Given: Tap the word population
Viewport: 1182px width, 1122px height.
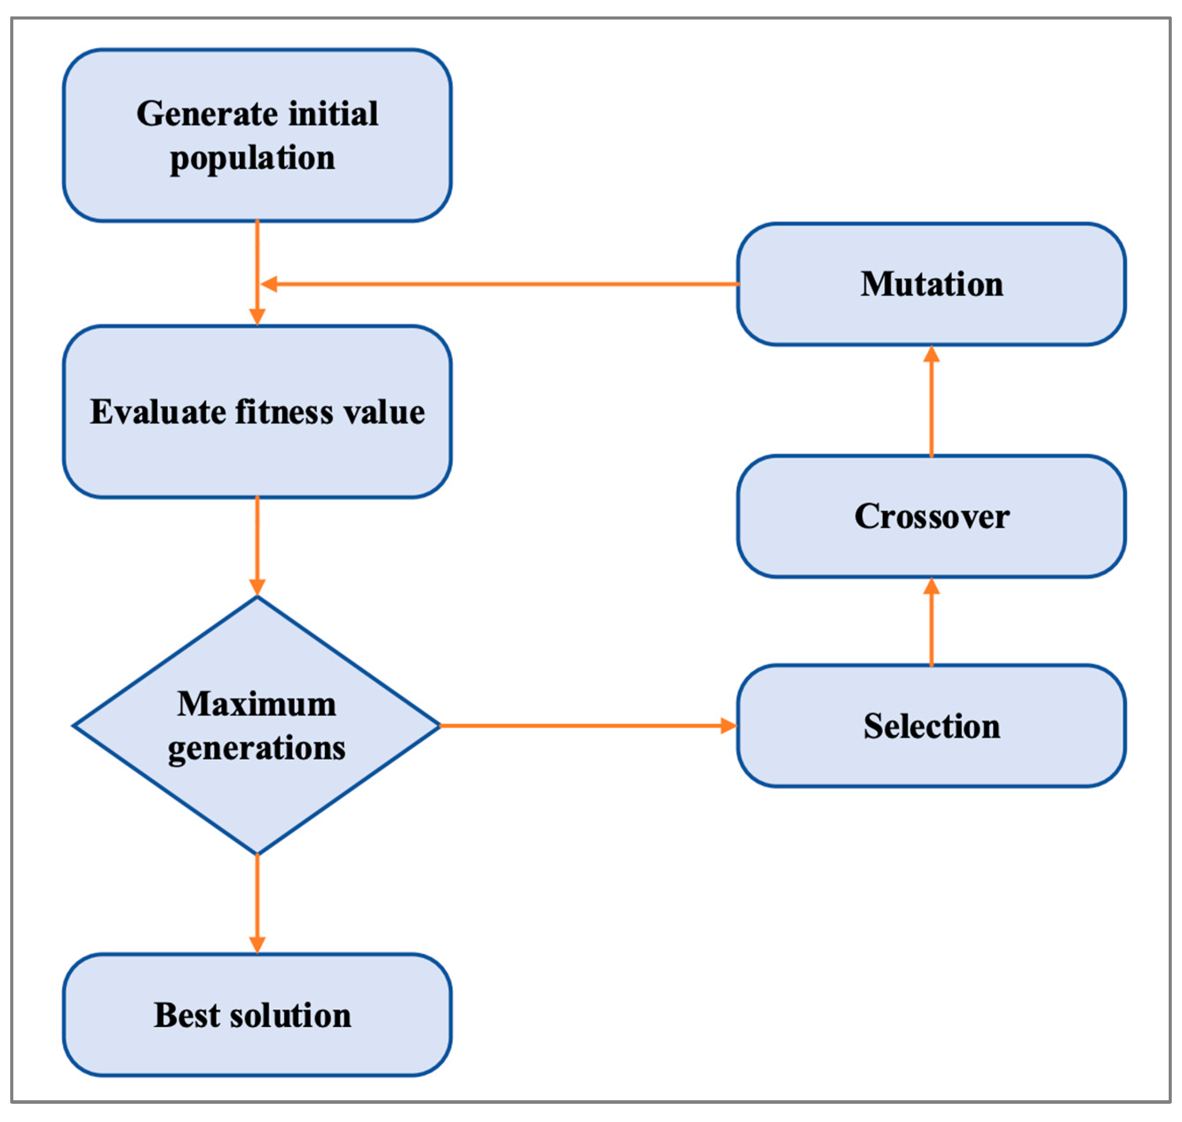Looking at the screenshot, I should tap(253, 158).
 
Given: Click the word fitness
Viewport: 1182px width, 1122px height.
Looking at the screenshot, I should tap(284, 412).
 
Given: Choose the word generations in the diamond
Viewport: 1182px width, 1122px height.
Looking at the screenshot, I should tap(257, 748).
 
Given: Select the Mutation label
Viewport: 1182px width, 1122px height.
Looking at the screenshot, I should tap(932, 284).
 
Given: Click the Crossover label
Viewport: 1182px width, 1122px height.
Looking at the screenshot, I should tap(932, 516).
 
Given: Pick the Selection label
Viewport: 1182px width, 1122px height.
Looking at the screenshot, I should tap(932, 726).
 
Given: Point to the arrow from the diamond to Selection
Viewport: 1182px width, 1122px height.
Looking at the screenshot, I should tap(586, 726).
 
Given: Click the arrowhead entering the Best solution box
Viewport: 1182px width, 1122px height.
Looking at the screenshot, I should tap(257, 944).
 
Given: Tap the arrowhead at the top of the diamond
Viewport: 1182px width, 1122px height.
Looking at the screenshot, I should tap(257, 587).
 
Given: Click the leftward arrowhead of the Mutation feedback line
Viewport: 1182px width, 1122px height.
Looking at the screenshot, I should tap(269, 284).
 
